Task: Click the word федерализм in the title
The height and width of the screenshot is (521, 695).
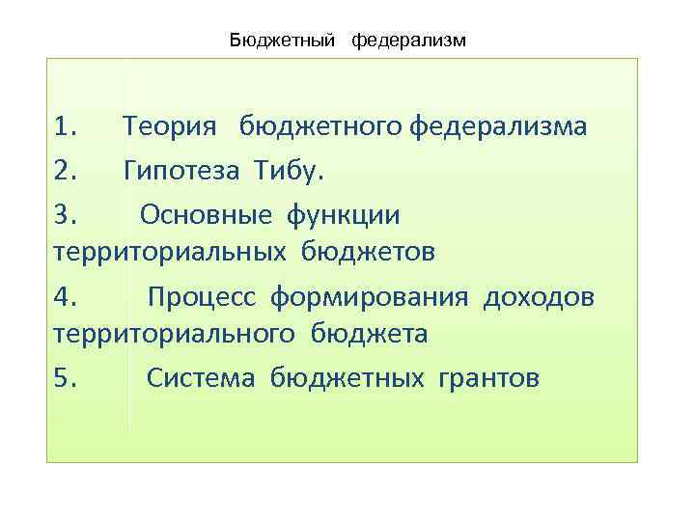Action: (408, 40)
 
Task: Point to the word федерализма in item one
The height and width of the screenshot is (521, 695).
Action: (497, 127)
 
